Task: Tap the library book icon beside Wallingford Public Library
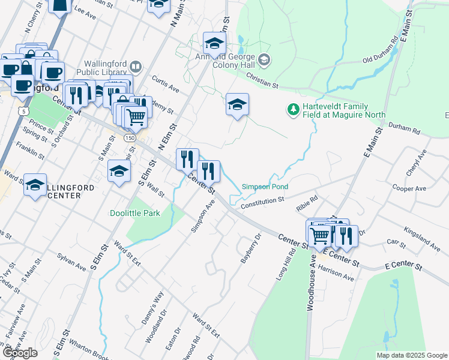coord(136,67)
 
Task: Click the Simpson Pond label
coord(265,187)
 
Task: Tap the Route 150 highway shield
coord(129,137)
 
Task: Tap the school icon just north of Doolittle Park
coord(119,171)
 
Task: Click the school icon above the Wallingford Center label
coord(35,184)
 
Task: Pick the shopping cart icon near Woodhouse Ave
coord(319,235)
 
